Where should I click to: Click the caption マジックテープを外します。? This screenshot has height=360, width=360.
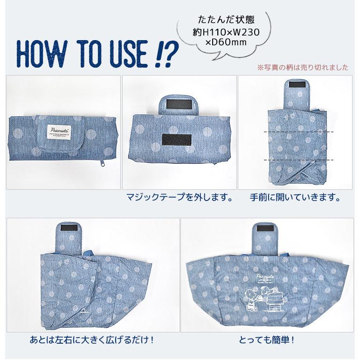point(180,197)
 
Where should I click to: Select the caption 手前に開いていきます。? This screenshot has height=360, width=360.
point(294,197)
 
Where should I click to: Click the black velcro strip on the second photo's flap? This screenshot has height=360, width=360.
point(179,105)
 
